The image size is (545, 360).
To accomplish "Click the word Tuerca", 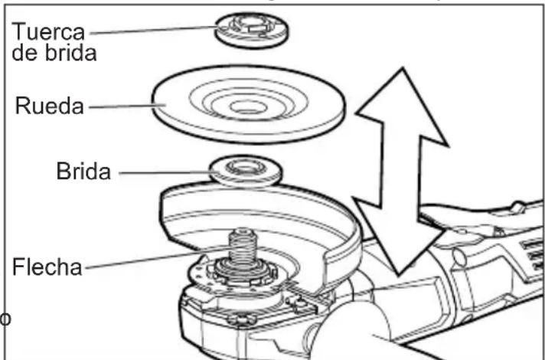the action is click(x=48, y=31).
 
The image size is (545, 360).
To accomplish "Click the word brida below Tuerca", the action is click(x=70, y=53).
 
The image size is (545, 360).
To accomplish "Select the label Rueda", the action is click(x=49, y=106).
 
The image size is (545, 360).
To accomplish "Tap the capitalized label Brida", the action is click(x=83, y=171).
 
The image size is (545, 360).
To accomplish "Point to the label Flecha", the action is click(x=47, y=267).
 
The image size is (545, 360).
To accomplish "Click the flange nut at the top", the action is click(x=251, y=31).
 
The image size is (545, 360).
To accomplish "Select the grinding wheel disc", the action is click(x=249, y=104).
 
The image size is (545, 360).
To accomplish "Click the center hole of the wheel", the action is click(x=246, y=107).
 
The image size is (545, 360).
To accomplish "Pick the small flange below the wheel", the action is click(x=246, y=170).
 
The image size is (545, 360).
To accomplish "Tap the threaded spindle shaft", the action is click(x=242, y=247).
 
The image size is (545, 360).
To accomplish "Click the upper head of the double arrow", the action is click(x=402, y=104).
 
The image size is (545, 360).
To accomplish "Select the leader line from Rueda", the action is click(x=127, y=106).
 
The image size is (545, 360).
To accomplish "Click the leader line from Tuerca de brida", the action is click(x=154, y=30).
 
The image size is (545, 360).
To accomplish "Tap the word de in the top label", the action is click(x=27, y=53).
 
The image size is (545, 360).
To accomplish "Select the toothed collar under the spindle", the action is click(x=243, y=273).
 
